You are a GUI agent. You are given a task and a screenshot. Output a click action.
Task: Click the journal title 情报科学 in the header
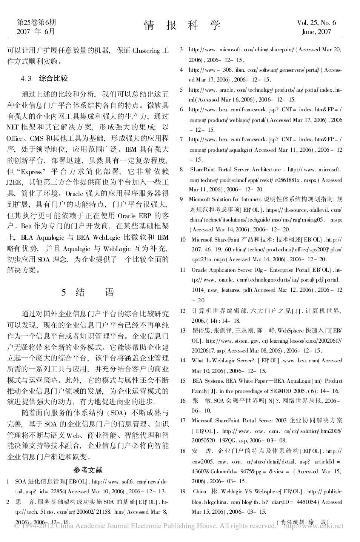point(182,26)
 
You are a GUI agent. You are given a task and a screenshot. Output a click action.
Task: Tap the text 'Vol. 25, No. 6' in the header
point(316,23)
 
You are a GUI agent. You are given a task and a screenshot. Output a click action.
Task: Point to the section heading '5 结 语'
point(87,292)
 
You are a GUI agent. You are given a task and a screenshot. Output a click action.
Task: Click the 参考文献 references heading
point(88,470)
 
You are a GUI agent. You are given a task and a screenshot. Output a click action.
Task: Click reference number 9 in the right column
point(181,199)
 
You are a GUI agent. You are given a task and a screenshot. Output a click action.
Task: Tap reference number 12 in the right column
point(183,311)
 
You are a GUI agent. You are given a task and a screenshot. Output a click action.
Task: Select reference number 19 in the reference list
point(183,491)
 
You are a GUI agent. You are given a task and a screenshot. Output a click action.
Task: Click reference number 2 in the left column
point(8,502)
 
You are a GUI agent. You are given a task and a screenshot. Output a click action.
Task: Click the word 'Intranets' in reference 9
point(249,199)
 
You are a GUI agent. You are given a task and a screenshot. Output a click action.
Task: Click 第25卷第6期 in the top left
point(36,23)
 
